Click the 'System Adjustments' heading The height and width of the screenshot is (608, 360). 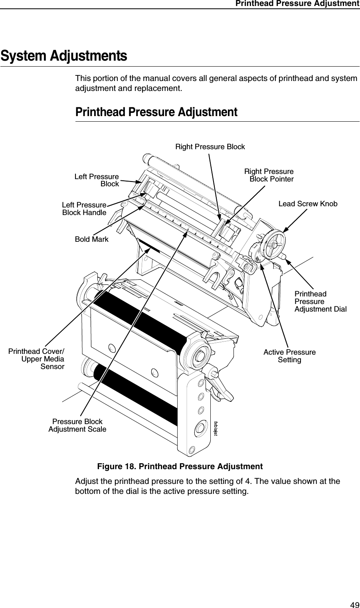64,56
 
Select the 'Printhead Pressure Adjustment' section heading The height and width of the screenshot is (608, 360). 156,112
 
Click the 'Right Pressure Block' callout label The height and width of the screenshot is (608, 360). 210,147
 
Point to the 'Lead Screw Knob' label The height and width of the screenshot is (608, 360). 307,204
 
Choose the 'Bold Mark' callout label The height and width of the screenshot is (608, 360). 92,239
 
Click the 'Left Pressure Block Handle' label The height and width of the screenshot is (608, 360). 84,209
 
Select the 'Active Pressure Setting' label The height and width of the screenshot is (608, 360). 289,356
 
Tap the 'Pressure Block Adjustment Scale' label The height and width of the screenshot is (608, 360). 77,425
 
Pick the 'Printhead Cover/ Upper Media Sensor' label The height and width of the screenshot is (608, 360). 37,359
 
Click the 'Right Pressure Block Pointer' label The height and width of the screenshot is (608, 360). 269,175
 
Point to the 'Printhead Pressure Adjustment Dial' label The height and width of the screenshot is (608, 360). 320,302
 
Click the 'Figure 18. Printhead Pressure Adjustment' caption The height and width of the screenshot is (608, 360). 180,466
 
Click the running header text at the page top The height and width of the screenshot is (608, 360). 297,4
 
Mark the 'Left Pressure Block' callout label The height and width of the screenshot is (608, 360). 97,180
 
